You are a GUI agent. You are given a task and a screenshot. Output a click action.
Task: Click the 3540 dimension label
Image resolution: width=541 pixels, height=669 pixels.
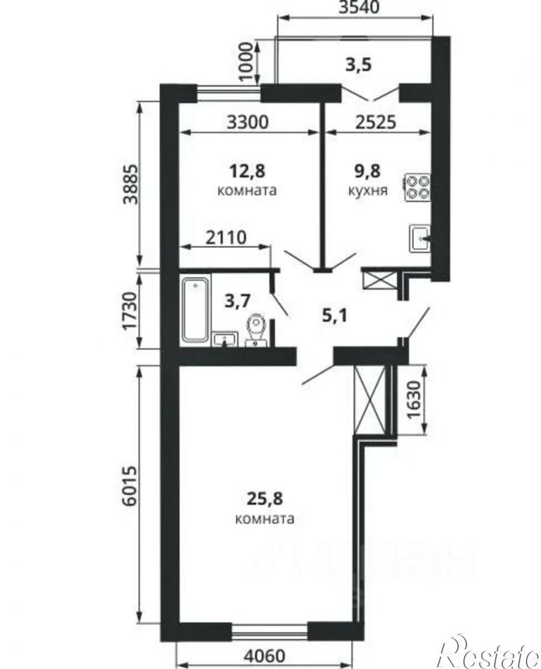(358, 7)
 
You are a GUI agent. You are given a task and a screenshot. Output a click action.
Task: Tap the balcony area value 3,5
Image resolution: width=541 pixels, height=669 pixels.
(358, 64)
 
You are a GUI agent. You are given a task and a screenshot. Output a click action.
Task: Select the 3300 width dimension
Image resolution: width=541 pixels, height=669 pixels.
(248, 122)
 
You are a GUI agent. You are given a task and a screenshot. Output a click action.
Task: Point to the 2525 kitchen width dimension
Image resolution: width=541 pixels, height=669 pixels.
(375, 122)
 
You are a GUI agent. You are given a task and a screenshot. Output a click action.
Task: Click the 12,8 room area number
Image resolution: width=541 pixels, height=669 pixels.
(247, 171)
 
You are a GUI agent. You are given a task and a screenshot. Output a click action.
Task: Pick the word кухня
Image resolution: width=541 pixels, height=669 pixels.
(368, 190)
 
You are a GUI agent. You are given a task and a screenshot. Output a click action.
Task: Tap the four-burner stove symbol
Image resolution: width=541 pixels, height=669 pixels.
(417, 187)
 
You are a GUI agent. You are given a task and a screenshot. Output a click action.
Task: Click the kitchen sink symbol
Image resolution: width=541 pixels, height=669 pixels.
(420, 238)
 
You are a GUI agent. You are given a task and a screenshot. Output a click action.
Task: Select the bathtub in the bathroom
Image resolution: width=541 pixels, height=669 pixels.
(196, 309)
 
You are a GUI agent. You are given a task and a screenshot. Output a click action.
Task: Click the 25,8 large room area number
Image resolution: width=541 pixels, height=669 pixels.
(264, 498)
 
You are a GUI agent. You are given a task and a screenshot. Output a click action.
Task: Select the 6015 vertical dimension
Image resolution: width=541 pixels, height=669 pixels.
(130, 486)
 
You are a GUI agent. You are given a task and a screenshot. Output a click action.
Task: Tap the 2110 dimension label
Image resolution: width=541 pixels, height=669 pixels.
(226, 237)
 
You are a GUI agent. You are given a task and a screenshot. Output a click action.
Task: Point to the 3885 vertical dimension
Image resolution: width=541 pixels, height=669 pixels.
(130, 184)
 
